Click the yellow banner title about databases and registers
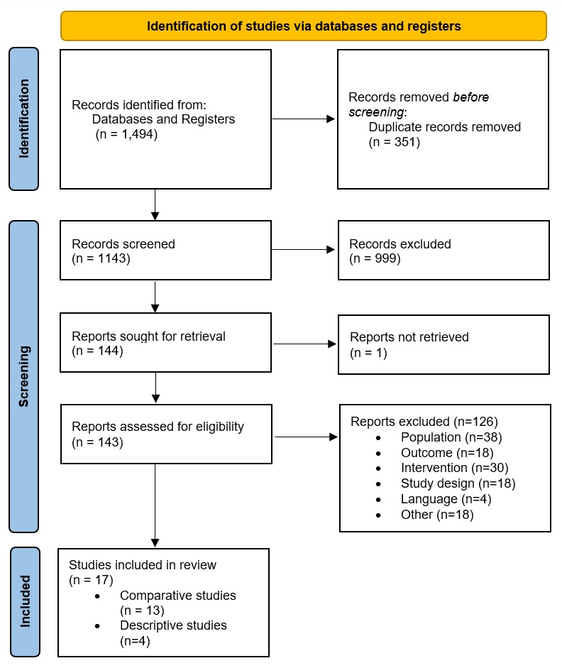(304, 26)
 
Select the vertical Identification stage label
(24, 118)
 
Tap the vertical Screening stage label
(24, 376)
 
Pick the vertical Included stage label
(24, 601)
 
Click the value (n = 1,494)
(126, 133)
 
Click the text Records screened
(123, 243)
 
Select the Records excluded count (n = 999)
(375, 258)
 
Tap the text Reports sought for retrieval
(148, 336)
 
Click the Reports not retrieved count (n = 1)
(368, 352)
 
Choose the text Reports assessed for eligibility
(158, 427)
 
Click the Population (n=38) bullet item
(451, 437)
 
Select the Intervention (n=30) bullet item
(454, 468)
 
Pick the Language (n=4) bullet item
(446, 499)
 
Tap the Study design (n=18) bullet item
(458, 483)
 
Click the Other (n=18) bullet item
(436, 515)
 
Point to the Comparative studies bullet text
(177, 595)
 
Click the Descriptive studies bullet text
(173, 625)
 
